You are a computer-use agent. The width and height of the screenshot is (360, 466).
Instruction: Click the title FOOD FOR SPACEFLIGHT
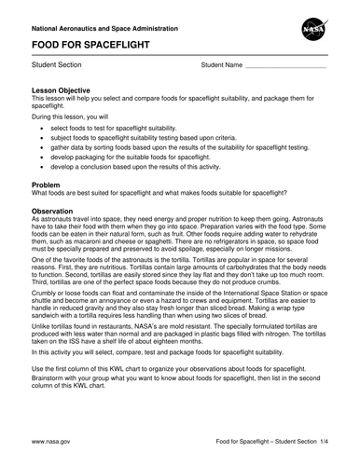coord(86,44)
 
